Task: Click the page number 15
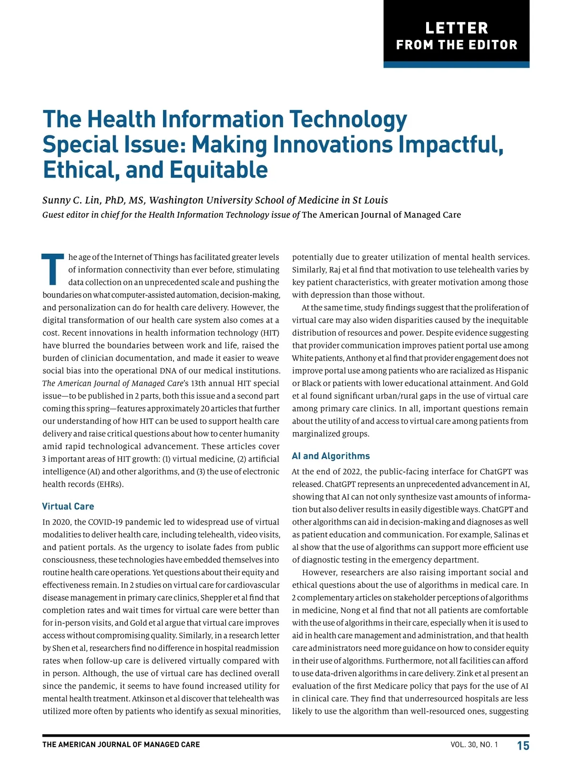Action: pos(523,746)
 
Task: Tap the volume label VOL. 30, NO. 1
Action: pos(474,745)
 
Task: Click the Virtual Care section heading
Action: pos(68,506)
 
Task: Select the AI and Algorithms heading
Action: pos(331,456)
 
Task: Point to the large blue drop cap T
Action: pos(53,269)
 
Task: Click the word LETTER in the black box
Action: pos(457,28)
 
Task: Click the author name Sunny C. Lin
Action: pos(71,200)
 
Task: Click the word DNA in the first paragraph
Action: pos(170,370)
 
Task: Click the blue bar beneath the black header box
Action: pos(456,65)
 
